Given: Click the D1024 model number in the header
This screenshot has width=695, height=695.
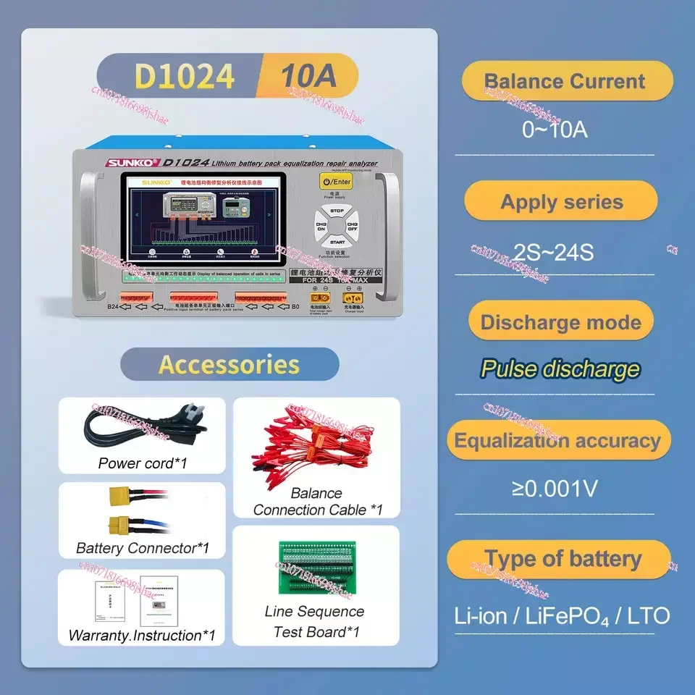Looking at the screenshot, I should pos(185,76).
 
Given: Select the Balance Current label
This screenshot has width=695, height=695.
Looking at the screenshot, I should pos(565,81).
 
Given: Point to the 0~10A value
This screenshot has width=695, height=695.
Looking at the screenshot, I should pos(555,130).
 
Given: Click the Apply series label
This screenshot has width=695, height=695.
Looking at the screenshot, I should pos(562,201).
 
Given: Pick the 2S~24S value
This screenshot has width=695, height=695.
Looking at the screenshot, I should pos(554,252).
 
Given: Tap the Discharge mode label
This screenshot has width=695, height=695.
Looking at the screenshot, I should pos(561,322).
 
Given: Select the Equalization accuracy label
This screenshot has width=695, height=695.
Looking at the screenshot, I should pos(557,440).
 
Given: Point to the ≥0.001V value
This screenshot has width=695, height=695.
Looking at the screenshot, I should pos(555,489).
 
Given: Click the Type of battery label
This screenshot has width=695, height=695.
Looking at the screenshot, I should pos(563,559).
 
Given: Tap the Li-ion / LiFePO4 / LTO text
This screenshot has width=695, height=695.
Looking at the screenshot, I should pos(562,616).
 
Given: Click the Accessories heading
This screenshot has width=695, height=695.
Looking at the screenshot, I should pos(229,364).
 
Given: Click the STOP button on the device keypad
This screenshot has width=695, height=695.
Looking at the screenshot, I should pos(336,211).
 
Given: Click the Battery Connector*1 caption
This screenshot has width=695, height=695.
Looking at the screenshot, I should pos(142,548).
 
